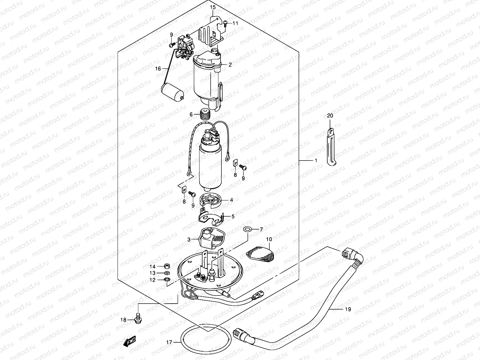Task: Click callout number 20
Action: (x=330, y=116)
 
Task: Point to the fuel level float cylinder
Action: (x=172, y=91)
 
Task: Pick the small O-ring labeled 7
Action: (x=247, y=229)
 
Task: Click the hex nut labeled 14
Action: (x=167, y=266)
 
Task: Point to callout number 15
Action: (x=212, y=7)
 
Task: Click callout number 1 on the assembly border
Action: (x=316, y=161)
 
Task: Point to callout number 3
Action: (x=189, y=239)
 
